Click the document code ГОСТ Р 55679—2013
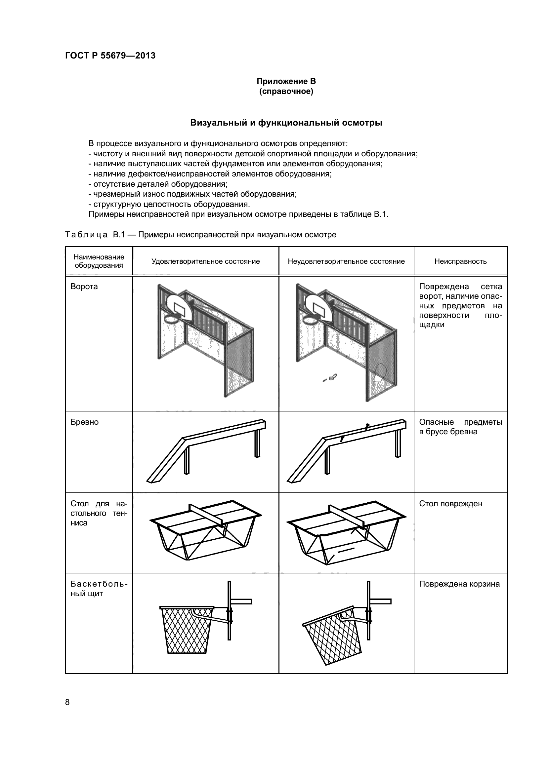click(x=110, y=56)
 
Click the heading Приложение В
click(x=286, y=81)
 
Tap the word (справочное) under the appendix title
click(x=286, y=92)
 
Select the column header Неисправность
click(x=460, y=261)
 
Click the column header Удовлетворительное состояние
click(x=205, y=261)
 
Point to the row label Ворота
click(x=84, y=287)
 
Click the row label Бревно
click(x=85, y=422)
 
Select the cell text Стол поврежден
click(x=450, y=504)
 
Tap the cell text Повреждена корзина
click(x=459, y=584)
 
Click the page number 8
click(x=67, y=702)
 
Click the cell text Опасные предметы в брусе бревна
click(x=460, y=427)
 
